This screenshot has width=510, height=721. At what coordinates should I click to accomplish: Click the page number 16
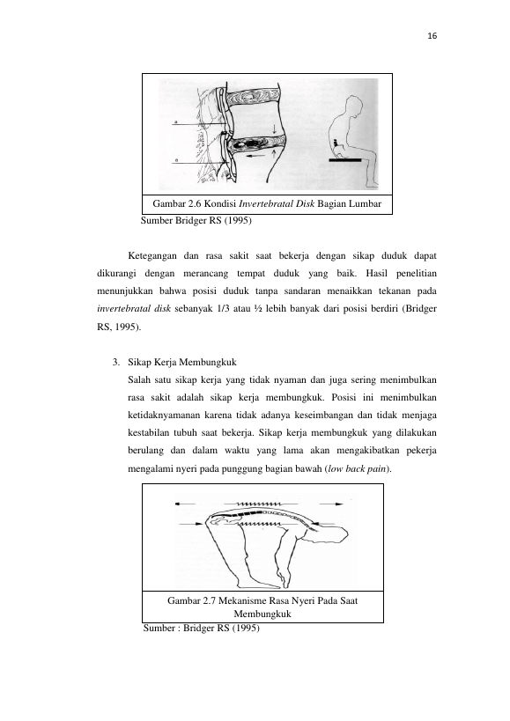tap(432, 36)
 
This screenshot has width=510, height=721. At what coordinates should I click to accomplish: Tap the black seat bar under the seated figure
tap(346, 160)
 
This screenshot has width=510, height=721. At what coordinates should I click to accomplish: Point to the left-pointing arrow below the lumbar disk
tap(255, 157)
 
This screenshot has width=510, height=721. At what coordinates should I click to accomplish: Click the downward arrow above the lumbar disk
tap(275, 128)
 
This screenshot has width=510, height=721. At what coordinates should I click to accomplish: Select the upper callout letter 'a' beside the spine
tap(175, 121)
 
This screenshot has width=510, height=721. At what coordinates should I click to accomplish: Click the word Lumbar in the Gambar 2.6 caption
tap(366, 203)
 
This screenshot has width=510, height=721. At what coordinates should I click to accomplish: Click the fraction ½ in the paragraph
tap(257, 308)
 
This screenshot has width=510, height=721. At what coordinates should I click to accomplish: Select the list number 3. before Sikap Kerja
tap(116, 363)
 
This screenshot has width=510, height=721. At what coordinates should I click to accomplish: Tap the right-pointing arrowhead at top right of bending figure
tap(339, 504)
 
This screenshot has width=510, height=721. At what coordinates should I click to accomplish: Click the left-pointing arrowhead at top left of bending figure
tap(179, 504)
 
